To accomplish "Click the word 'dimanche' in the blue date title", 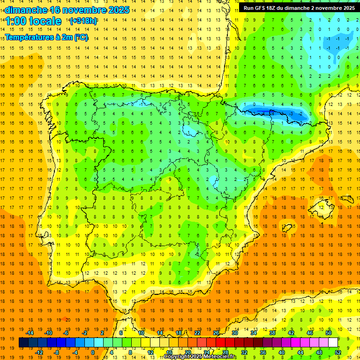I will [26, 10].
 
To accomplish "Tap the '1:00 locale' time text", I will [33, 21].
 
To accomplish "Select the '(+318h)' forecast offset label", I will [83, 21].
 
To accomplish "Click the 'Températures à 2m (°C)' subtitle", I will [46, 37].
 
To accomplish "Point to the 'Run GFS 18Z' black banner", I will [299, 8].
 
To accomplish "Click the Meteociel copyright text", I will [200, 357].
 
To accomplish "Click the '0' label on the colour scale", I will [92, 352].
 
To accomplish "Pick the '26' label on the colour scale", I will [216, 333].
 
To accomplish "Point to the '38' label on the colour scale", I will [272, 333].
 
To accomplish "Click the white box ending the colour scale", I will [333, 343].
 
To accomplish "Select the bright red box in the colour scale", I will [220, 343].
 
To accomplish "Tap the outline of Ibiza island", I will [287, 228].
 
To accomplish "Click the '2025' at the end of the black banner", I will [347, 8].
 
